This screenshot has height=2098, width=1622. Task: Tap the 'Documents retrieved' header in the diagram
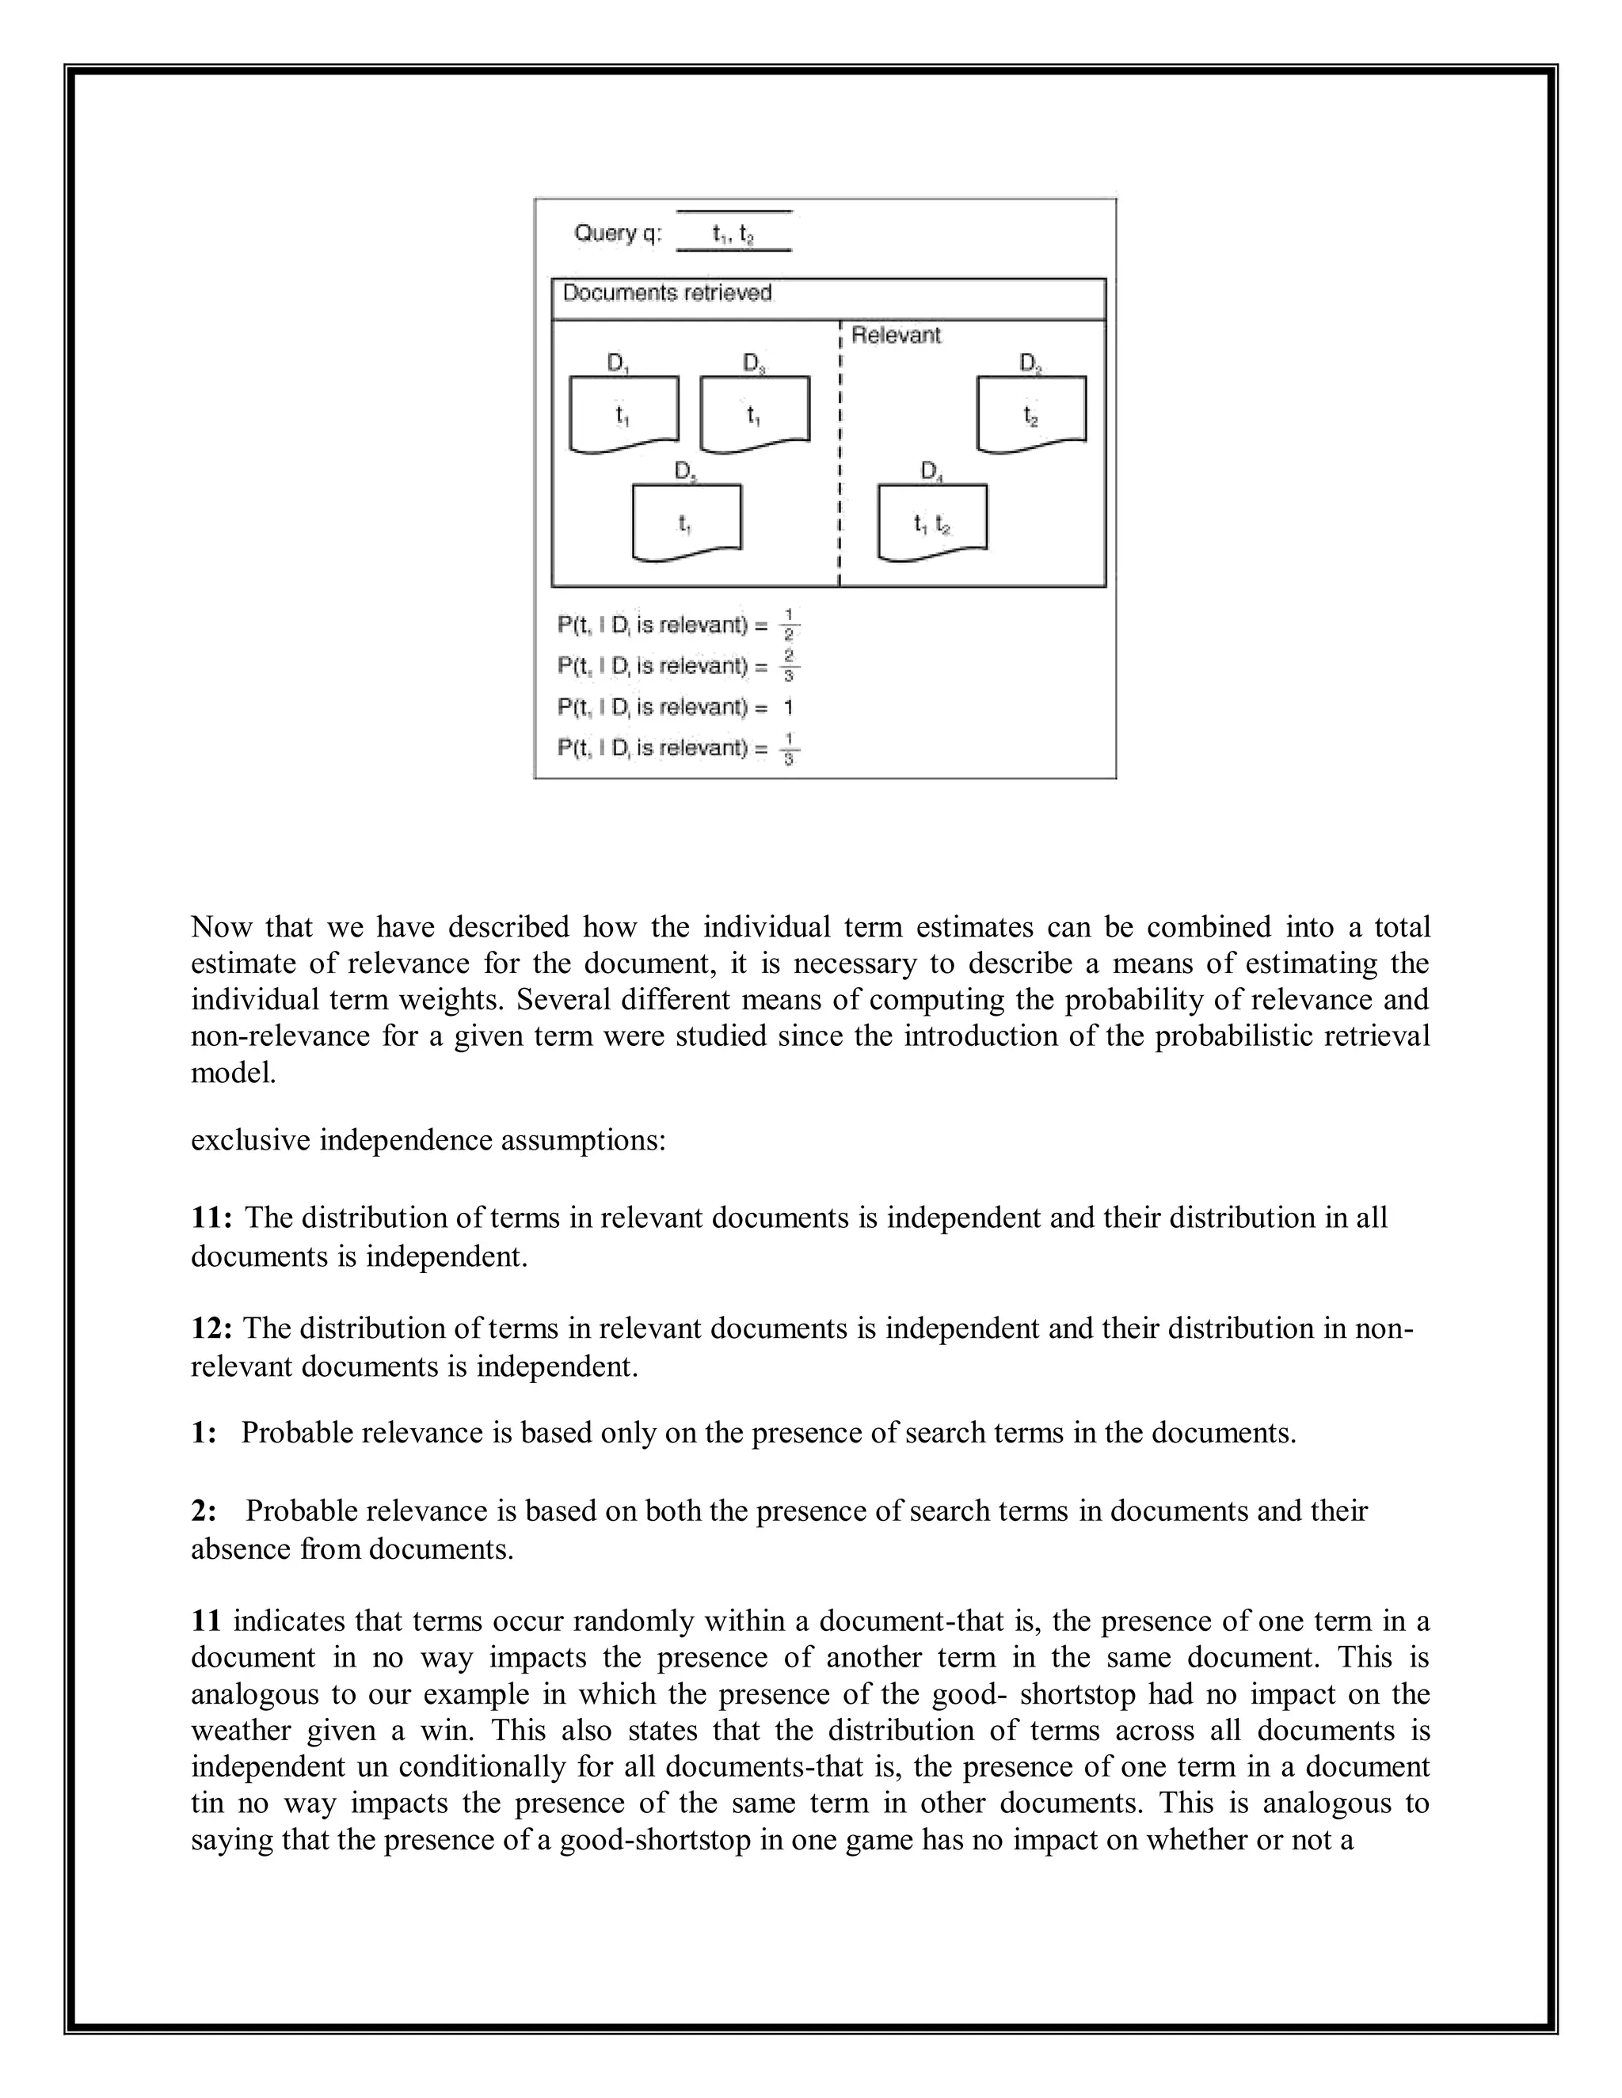(x=667, y=293)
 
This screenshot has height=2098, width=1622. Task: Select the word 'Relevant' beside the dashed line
(x=896, y=335)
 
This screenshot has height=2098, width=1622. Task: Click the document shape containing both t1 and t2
(x=932, y=522)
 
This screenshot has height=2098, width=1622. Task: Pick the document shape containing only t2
(x=1031, y=414)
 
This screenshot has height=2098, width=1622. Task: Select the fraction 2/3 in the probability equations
(x=788, y=665)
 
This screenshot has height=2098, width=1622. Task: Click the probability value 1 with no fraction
(x=788, y=707)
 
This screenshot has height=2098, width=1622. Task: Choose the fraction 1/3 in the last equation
(x=788, y=747)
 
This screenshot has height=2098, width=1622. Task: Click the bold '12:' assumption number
(x=211, y=1328)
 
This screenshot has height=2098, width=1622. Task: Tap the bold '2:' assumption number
(x=204, y=1511)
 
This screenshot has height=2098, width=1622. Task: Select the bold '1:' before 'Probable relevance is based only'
(x=204, y=1432)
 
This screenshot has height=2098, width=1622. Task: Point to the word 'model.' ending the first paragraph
(x=234, y=1073)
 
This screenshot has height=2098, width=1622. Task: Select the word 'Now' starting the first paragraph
(x=220, y=927)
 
